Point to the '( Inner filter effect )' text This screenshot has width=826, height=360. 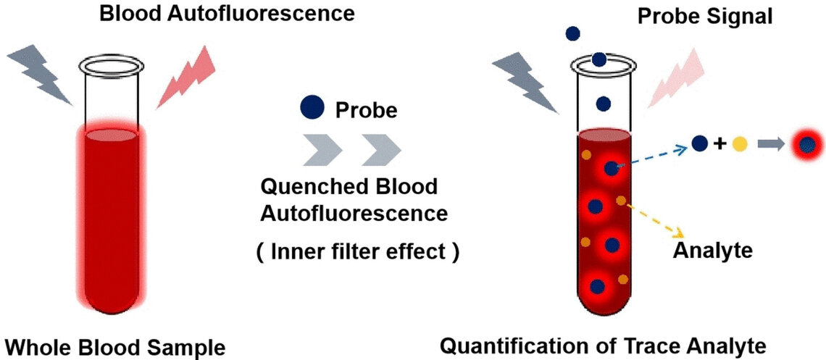click(357, 253)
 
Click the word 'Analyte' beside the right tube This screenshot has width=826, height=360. click(713, 251)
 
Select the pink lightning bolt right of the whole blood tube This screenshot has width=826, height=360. click(185, 75)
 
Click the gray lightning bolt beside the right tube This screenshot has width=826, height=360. click(525, 84)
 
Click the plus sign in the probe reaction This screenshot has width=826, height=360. click(719, 144)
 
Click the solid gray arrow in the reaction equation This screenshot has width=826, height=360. click(770, 144)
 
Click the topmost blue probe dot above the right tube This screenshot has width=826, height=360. click(572, 33)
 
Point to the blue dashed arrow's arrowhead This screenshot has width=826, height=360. click(681, 148)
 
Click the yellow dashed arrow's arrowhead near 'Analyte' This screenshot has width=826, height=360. click(679, 233)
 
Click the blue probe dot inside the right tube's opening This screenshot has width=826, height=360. click(599, 59)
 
